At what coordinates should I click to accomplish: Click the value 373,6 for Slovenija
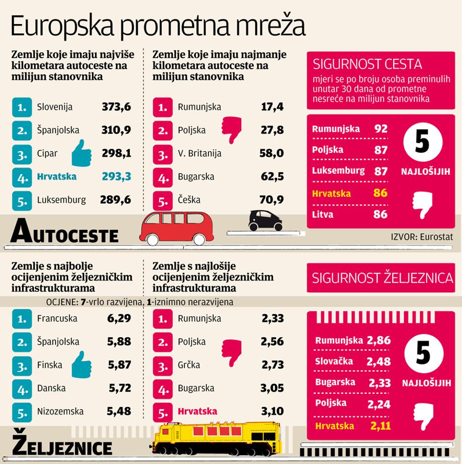pyautogui.click(x=116, y=107)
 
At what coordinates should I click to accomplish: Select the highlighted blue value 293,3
pyautogui.click(x=116, y=176)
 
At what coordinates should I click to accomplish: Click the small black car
pyautogui.click(x=266, y=220)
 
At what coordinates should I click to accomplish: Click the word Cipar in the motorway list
pyautogui.click(x=47, y=153)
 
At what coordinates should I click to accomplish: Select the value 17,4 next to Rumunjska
pyautogui.click(x=273, y=107)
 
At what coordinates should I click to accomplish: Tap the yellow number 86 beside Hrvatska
pyautogui.click(x=380, y=193)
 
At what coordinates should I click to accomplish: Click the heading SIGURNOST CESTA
pyautogui.click(x=368, y=64)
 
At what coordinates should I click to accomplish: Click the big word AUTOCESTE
pyautogui.click(x=64, y=232)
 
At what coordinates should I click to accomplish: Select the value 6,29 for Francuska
pyautogui.click(x=119, y=318)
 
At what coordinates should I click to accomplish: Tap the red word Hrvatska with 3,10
pyautogui.click(x=197, y=411)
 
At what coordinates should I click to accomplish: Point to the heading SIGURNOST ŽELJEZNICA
pyautogui.click(x=382, y=278)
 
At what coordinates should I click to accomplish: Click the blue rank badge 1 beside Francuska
pyautogui.click(x=21, y=319)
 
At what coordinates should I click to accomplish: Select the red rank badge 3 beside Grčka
pyautogui.click(x=162, y=365)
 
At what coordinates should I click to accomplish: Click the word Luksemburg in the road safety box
pyautogui.click(x=338, y=171)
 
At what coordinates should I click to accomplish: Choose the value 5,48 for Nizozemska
pyautogui.click(x=119, y=411)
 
